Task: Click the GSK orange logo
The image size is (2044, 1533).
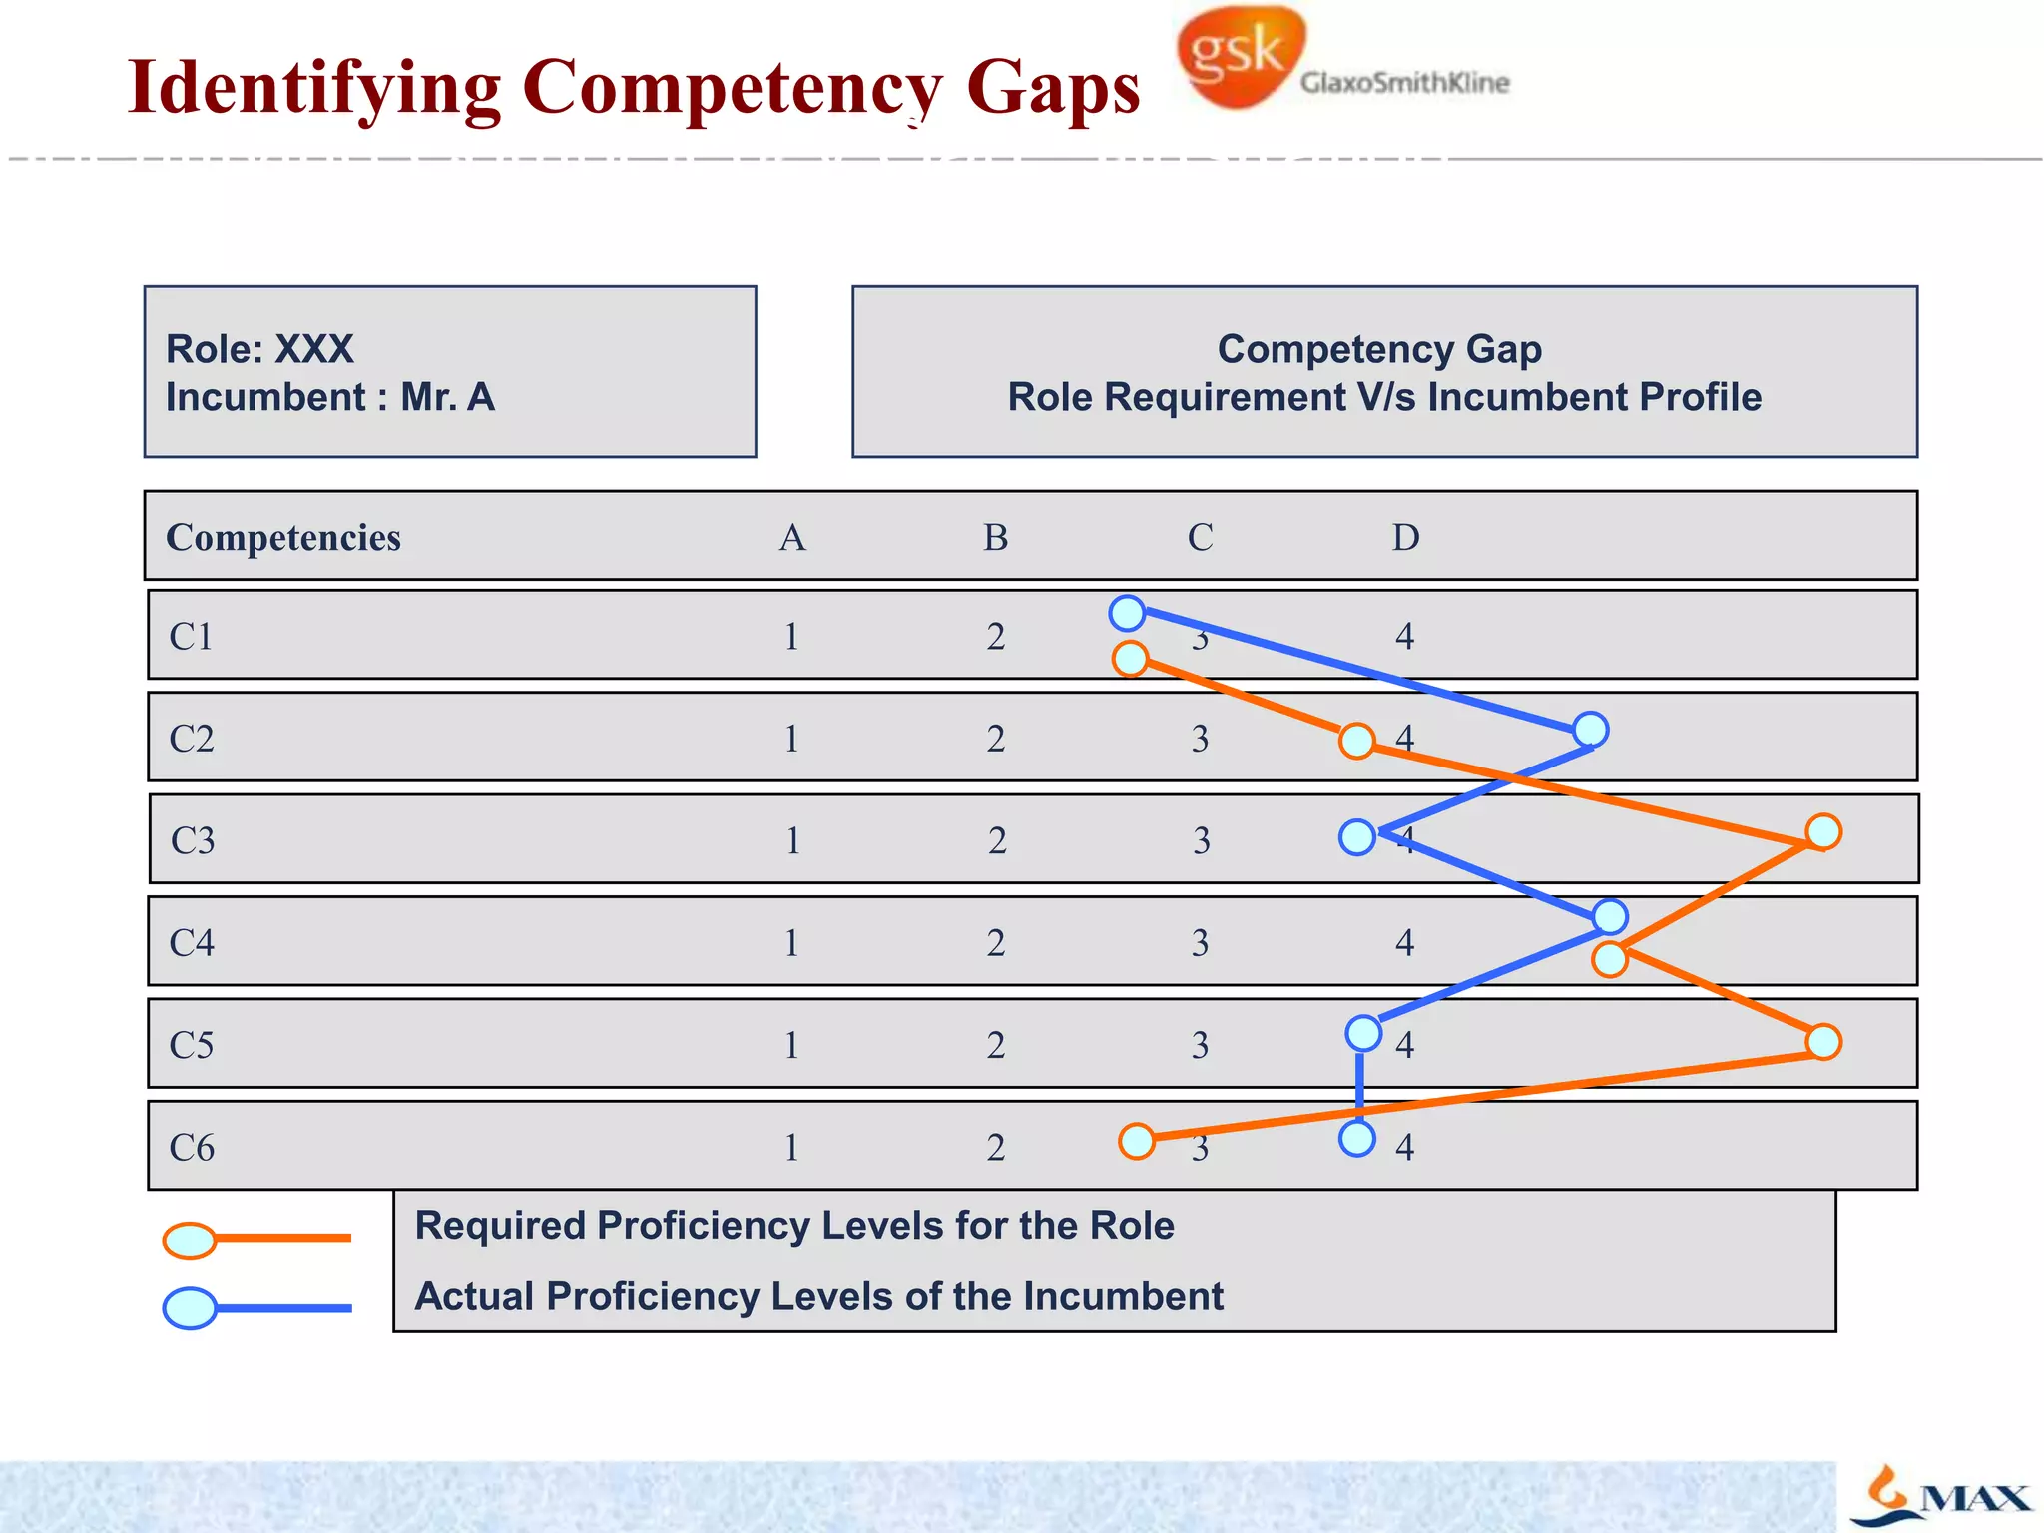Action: point(1241,55)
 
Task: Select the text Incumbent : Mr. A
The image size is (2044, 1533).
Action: point(329,397)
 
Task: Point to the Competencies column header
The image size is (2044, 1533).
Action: point(283,537)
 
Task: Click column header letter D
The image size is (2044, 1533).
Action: point(1405,537)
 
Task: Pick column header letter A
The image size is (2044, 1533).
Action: point(792,537)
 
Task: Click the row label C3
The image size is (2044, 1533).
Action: point(193,840)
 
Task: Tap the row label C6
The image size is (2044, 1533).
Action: point(192,1147)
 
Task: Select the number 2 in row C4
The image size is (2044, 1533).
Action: point(995,943)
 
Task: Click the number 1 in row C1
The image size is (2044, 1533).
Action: point(791,637)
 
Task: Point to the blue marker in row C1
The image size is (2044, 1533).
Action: point(1127,613)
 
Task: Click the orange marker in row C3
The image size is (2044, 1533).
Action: point(1823,831)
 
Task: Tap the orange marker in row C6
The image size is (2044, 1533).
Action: point(1137,1140)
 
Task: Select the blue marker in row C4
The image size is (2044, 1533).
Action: point(1610,915)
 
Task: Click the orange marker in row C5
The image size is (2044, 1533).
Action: point(1823,1042)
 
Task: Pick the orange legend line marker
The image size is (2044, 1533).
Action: point(191,1240)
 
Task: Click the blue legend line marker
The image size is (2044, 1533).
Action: point(191,1308)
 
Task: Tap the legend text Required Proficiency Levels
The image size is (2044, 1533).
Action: point(793,1226)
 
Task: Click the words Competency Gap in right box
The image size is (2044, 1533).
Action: point(1379,349)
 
